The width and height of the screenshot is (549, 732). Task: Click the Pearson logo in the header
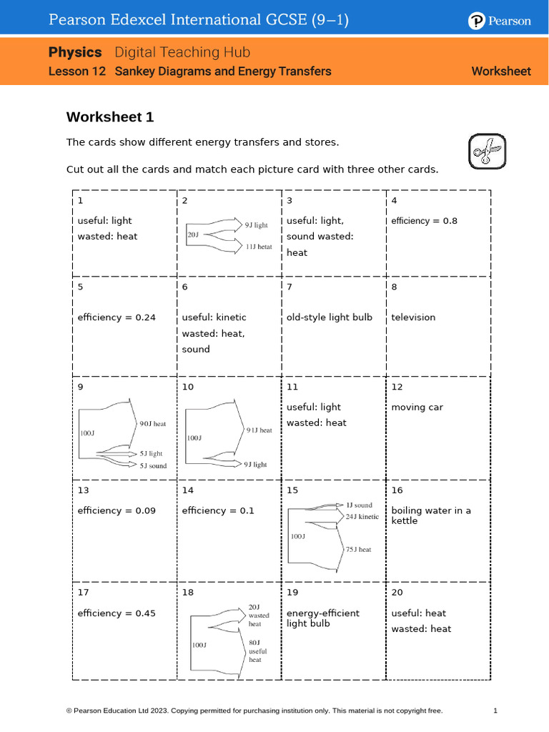(x=500, y=21)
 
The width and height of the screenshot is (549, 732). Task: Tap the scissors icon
(x=487, y=151)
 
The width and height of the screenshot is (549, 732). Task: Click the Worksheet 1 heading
(x=110, y=117)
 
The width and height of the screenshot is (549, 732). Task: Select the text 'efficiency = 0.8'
(x=424, y=221)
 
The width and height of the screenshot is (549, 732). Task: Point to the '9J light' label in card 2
(x=256, y=224)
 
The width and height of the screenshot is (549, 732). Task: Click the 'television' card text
(x=413, y=317)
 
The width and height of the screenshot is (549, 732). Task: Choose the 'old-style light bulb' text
(x=330, y=317)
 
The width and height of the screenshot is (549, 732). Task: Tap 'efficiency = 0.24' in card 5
(x=117, y=317)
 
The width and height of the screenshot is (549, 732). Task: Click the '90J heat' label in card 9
(x=152, y=424)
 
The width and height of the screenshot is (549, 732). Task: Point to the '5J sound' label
(x=153, y=466)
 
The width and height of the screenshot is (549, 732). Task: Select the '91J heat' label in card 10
(x=259, y=430)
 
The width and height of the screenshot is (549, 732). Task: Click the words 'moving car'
(x=417, y=407)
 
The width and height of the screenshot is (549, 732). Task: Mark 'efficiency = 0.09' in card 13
(x=117, y=511)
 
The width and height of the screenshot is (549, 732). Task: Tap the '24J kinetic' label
(x=362, y=516)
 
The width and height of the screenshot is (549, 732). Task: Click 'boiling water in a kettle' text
(x=431, y=515)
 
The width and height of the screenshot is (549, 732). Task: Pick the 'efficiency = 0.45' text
(x=117, y=613)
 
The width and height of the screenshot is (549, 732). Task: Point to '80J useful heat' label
(x=257, y=651)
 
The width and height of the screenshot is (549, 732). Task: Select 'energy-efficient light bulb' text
(x=323, y=618)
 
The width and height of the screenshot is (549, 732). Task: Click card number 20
(x=397, y=593)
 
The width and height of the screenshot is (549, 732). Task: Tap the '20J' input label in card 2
(x=193, y=234)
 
